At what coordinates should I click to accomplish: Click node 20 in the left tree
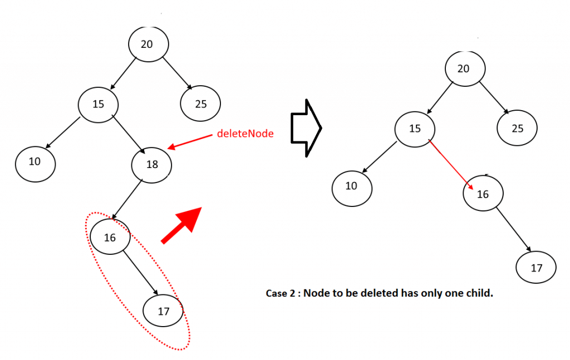(x=148, y=45)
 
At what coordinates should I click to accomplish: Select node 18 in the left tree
(x=152, y=165)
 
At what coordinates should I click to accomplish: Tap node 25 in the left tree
(x=200, y=103)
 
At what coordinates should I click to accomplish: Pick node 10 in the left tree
(x=35, y=162)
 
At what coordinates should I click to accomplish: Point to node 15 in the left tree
(x=98, y=103)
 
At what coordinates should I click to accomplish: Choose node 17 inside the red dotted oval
(x=163, y=311)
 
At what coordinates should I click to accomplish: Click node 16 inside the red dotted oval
(x=110, y=238)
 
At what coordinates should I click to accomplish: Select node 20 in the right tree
(x=465, y=68)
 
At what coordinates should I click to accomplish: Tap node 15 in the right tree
(x=415, y=129)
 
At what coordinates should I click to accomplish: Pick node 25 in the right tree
(x=518, y=129)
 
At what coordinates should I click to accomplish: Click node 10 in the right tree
(x=352, y=186)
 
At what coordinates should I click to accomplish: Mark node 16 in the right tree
(x=483, y=194)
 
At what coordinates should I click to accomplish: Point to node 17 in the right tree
(x=536, y=268)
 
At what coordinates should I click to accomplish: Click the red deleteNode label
(x=245, y=134)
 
